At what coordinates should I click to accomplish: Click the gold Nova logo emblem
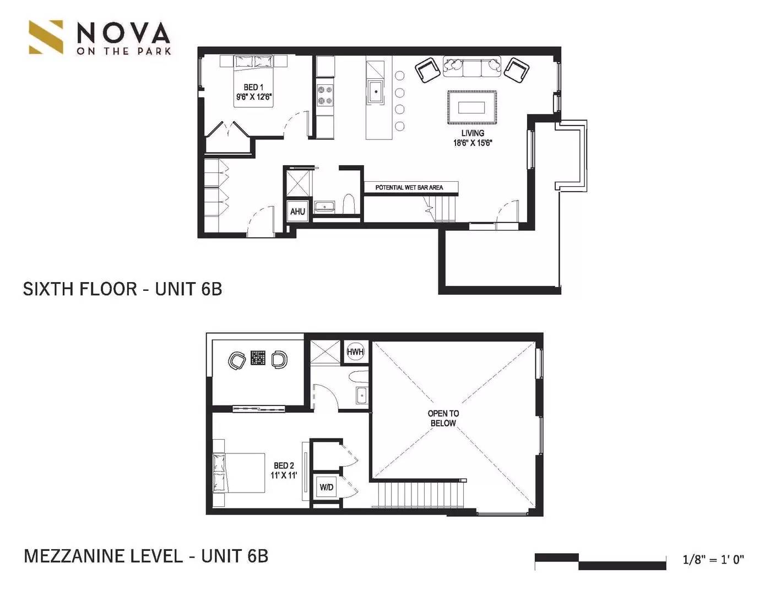click(x=46, y=37)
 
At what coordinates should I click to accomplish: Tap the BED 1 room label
click(x=254, y=92)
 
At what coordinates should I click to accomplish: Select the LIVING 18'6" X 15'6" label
click(x=473, y=138)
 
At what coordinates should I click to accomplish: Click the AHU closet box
click(x=297, y=212)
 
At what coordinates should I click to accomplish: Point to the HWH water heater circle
click(x=355, y=352)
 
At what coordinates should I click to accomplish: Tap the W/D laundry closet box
click(x=327, y=487)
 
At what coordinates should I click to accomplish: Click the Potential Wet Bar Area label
click(x=409, y=187)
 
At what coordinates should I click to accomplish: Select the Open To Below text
click(x=443, y=418)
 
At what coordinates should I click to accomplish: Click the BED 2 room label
click(x=284, y=470)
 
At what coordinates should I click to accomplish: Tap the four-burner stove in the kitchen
click(x=325, y=95)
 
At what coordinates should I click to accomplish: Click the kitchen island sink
click(x=376, y=92)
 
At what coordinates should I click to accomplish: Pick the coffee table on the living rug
click(x=471, y=107)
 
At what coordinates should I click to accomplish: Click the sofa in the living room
click(x=471, y=66)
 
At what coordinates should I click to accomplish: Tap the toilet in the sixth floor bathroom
click(x=349, y=204)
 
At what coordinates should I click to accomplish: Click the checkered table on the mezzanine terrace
click(x=258, y=358)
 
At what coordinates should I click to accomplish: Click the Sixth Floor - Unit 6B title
click(x=123, y=289)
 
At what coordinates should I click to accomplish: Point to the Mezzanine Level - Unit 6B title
click(x=146, y=556)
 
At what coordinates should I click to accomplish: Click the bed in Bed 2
click(x=238, y=473)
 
